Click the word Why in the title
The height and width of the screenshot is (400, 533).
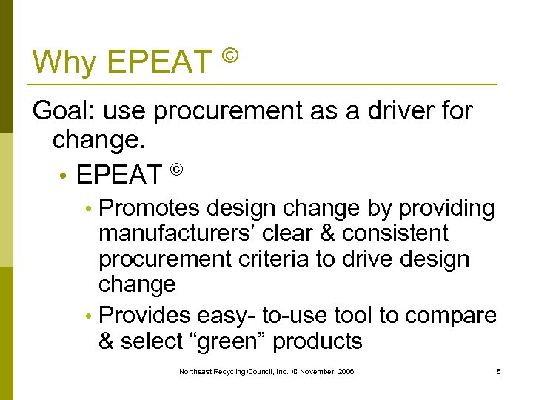coord(65,61)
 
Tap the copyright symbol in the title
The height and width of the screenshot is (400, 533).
coord(230,55)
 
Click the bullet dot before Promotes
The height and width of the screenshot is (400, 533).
coord(89,210)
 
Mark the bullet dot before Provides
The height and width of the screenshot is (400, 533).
coord(89,316)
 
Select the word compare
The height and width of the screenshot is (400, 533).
coord(451,316)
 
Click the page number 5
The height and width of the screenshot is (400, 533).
coord(499,370)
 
